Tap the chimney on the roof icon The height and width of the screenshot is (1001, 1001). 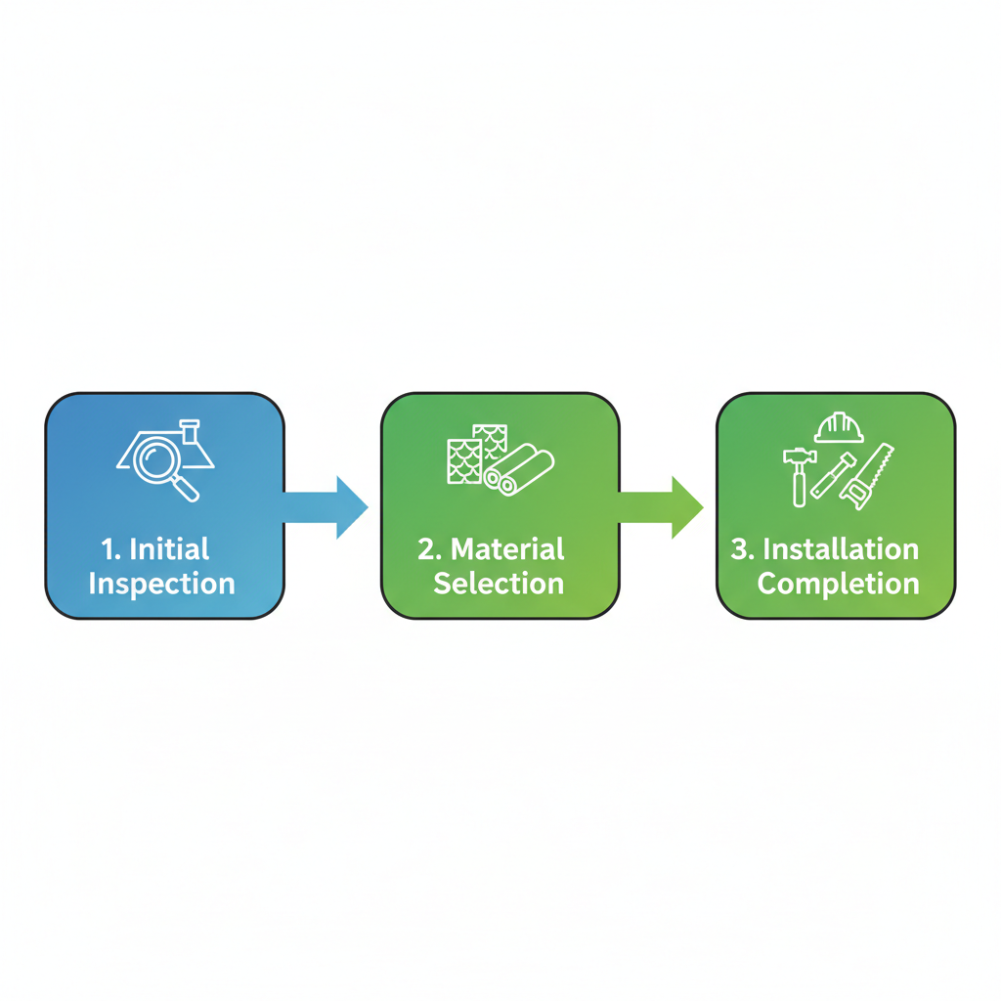pyautogui.click(x=190, y=430)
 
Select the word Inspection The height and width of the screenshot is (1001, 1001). pyautogui.click(x=161, y=584)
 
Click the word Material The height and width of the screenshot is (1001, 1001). pyautogui.click(x=507, y=548)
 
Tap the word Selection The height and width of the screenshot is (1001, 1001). pyautogui.click(x=499, y=584)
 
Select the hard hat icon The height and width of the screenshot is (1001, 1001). pyautogui.click(x=838, y=427)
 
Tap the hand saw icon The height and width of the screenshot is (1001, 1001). pyautogui.click(x=870, y=476)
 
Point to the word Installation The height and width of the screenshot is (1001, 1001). pyautogui.click(x=840, y=548)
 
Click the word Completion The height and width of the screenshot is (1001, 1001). pyautogui.click(x=838, y=584)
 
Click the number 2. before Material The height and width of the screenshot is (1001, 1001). pyautogui.click(x=430, y=548)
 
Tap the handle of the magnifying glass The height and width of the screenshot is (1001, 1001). pyautogui.click(x=187, y=489)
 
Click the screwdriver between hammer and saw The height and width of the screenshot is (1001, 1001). pyautogui.click(x=833, y=476)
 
